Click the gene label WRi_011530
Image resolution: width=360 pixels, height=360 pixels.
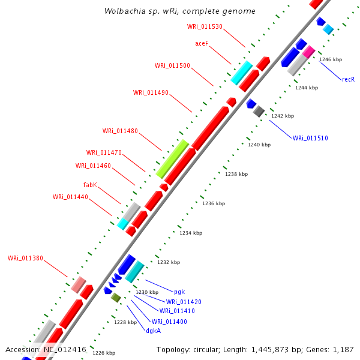(x=205, y=26)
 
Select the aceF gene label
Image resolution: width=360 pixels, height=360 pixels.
(x=202, y=44)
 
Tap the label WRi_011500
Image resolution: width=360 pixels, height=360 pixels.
(x=172, y=65)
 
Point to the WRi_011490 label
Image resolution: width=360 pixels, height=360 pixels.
(x=151, y=92)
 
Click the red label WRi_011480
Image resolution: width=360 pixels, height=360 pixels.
(x=120, y=131)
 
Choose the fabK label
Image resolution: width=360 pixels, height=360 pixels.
(x=90, y=185)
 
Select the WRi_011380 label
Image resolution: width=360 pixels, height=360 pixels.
(x=25, y=258)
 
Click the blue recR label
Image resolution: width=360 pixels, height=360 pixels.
(x=348, y=79)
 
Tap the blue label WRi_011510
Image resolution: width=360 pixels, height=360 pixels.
(x=310, y=138)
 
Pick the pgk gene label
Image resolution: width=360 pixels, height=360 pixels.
(x=179, y=292)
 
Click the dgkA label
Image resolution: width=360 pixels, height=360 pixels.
(x=153, y=330)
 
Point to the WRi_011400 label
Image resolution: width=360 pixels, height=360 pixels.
(x=169, y=322)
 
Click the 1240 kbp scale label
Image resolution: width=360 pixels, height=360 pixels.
(x=259, y=145)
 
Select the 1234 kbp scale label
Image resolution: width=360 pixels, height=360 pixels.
(x=191, y=233)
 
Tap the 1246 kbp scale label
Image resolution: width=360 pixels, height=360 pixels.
(x=331, y=59)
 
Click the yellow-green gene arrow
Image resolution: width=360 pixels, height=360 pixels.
(x=172, y=158)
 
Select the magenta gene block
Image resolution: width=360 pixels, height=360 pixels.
(x=308, y=52)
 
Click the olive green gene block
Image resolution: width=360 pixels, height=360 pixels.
(x=116, y=298)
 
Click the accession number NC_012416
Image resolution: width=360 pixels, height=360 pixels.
(x=65, y=349)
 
